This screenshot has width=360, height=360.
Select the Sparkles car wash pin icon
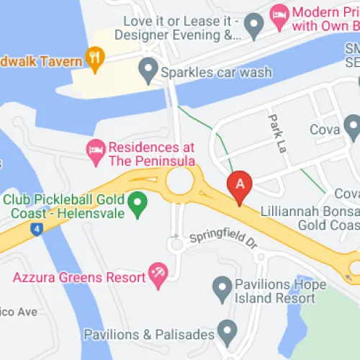click(148, 71)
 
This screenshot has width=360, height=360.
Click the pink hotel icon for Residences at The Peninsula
click(94, 150)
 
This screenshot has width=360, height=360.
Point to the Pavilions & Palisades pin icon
click(228, 331)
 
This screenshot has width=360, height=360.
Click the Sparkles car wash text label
click(215, 72)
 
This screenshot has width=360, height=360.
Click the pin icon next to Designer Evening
click(251, 27)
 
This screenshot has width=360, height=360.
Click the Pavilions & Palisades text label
click(149, 335)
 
